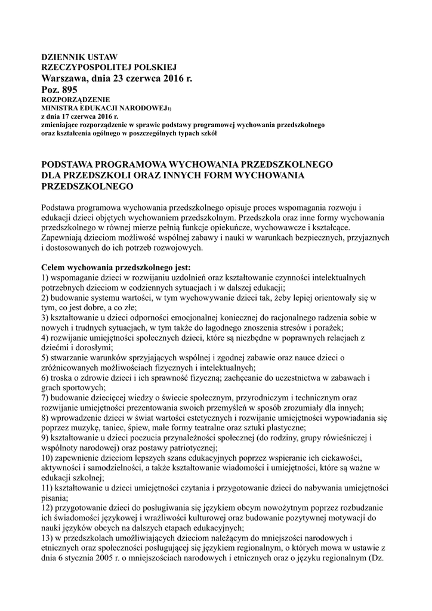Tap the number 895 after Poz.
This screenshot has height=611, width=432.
tap(69, 90)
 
